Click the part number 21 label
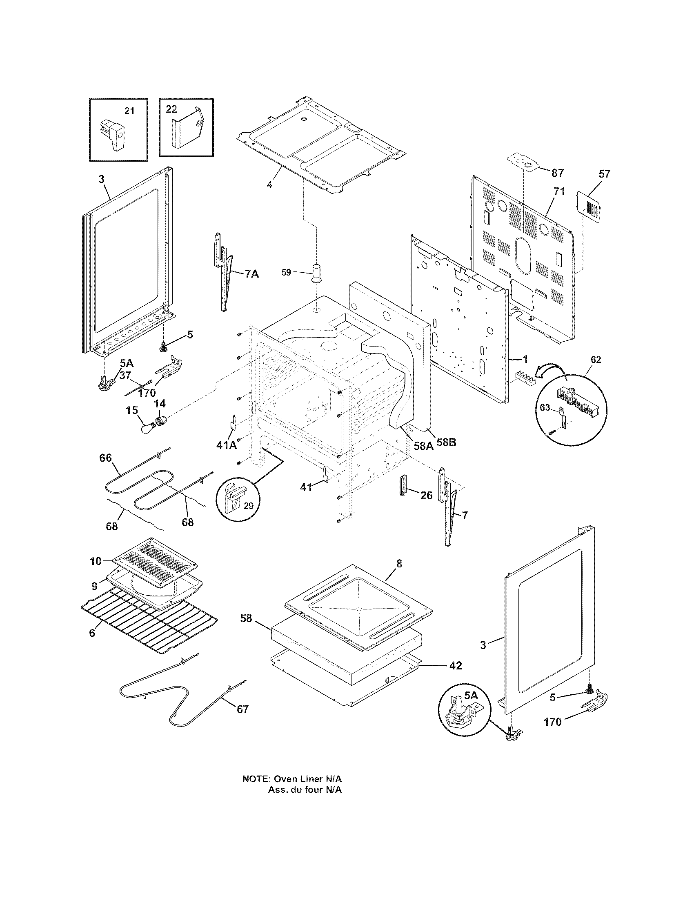pyautogui.click(x=129, y=111)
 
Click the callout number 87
pyautogui.click(x=558, y=173)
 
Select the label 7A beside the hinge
pyautogui.click(x=251, y=273)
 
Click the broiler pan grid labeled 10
pyautogui.click(x=154, y=563)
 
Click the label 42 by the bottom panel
pyautogui.click(x=456, y=665)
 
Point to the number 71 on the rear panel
pyautogui.click(x=559, y=191)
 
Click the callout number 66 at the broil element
pyautogui.click(x=106, y=458)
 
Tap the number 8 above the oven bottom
pyautogui.click(x=399, y=563)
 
